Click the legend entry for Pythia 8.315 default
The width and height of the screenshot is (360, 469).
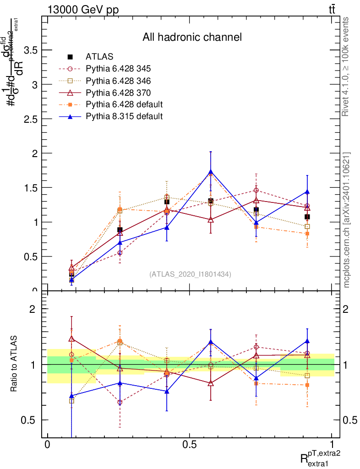(x=124, y=116)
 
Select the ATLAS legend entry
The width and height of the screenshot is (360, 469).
(x=99, y=57)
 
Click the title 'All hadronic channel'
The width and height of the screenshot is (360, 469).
(x=192, y=37)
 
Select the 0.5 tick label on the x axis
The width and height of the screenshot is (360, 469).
(x=189, y=445)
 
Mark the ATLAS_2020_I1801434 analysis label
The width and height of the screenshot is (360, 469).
(x=190, y=274)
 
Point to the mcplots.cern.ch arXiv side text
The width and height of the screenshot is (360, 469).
(x=347, y=220)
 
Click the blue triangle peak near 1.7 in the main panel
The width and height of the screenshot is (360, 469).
(x=211, y=172)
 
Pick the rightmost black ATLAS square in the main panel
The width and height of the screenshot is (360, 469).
(x=307, y=217)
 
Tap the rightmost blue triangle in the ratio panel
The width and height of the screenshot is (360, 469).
(x=307, y=341)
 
